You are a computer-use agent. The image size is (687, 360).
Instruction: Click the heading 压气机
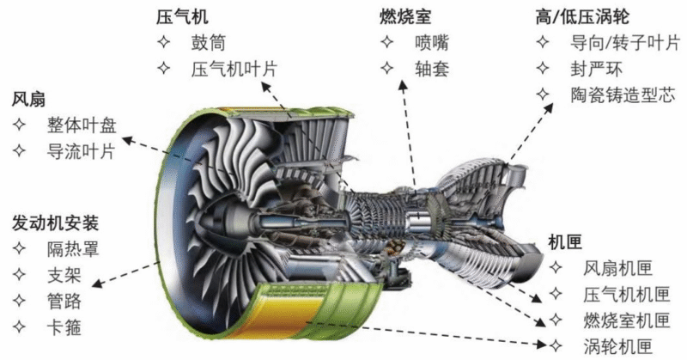tap(182, 17)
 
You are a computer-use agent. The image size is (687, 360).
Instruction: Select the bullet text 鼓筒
tap(208, 43)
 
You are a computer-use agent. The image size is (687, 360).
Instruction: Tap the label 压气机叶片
tap(234, 70)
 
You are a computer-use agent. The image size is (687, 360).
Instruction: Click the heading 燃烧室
tap(405, 17)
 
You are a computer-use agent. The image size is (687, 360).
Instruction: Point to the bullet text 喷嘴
tap(432, 43)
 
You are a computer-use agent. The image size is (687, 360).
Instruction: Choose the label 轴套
tap(432, 70)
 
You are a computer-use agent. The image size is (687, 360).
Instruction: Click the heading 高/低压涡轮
tap(582, 17)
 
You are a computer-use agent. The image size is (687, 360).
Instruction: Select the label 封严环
tap(596, 70)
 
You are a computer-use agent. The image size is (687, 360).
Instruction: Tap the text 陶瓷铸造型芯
tap(623, 95)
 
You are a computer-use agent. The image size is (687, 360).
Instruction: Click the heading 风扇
tap(28, 100)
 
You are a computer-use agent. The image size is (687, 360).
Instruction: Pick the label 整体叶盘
tap(82, 125)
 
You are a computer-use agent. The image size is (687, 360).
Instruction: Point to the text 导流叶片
tap(81, 152)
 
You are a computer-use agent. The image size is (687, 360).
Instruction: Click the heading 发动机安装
tap(55, 223)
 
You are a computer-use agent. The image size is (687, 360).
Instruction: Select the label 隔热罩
tap(73, 248)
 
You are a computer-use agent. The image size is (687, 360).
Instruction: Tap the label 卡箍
tap(64, 327)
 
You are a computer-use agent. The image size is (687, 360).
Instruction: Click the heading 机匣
tap(565, 241)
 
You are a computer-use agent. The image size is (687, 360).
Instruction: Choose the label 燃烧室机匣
tap(627, 320)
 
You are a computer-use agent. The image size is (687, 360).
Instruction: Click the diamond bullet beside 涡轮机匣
tap(556, 346)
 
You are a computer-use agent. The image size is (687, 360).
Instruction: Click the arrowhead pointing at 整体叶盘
tap(127, 140)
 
